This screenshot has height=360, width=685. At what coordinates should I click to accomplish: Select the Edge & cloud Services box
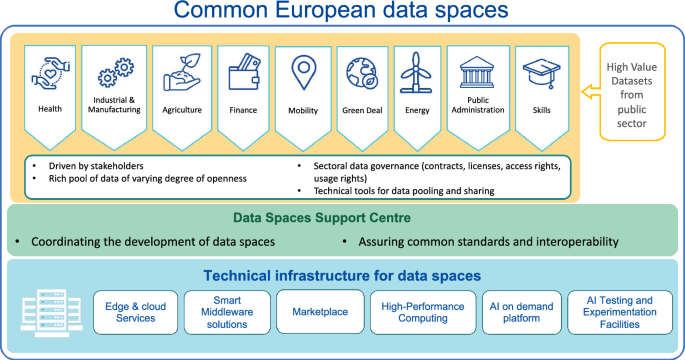click(129, 311)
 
